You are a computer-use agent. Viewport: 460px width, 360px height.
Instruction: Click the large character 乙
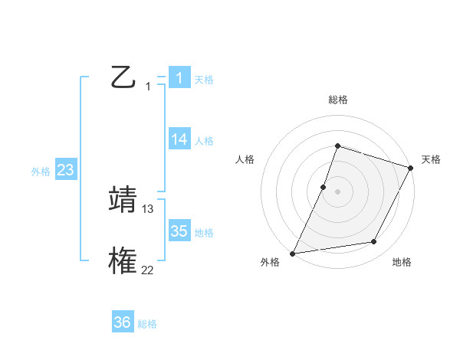tap(123, 77)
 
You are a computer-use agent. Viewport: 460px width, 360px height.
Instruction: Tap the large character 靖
tap(123, 199)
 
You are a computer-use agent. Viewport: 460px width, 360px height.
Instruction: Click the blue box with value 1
tap(179, 77)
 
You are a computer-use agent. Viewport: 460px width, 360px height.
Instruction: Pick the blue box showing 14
tap(179, 139)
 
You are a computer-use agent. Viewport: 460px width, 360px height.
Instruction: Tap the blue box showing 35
tap(179, 231)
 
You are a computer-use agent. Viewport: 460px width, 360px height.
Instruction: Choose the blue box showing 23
tap(65, 170)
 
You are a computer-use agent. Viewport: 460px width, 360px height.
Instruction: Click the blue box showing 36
tap(122, 322)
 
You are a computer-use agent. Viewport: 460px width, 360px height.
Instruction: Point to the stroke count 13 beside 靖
tap(148, 208)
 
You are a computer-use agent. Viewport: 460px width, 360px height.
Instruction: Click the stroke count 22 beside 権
tap(148, 270)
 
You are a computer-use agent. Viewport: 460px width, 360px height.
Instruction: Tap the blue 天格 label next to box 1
tap(204, 80)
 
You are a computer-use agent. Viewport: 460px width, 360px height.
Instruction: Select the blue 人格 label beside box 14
tap(204, 141)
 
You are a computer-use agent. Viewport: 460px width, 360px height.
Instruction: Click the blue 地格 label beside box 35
tap(204, 233)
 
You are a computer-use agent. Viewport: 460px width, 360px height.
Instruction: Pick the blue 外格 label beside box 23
tap(41, 172)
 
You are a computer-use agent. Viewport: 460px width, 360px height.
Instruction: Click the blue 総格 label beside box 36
tap(147, 325)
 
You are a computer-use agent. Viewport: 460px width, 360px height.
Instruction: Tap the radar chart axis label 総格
tap(337, 100)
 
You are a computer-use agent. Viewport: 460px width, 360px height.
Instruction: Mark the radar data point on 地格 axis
tap(374, 242)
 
